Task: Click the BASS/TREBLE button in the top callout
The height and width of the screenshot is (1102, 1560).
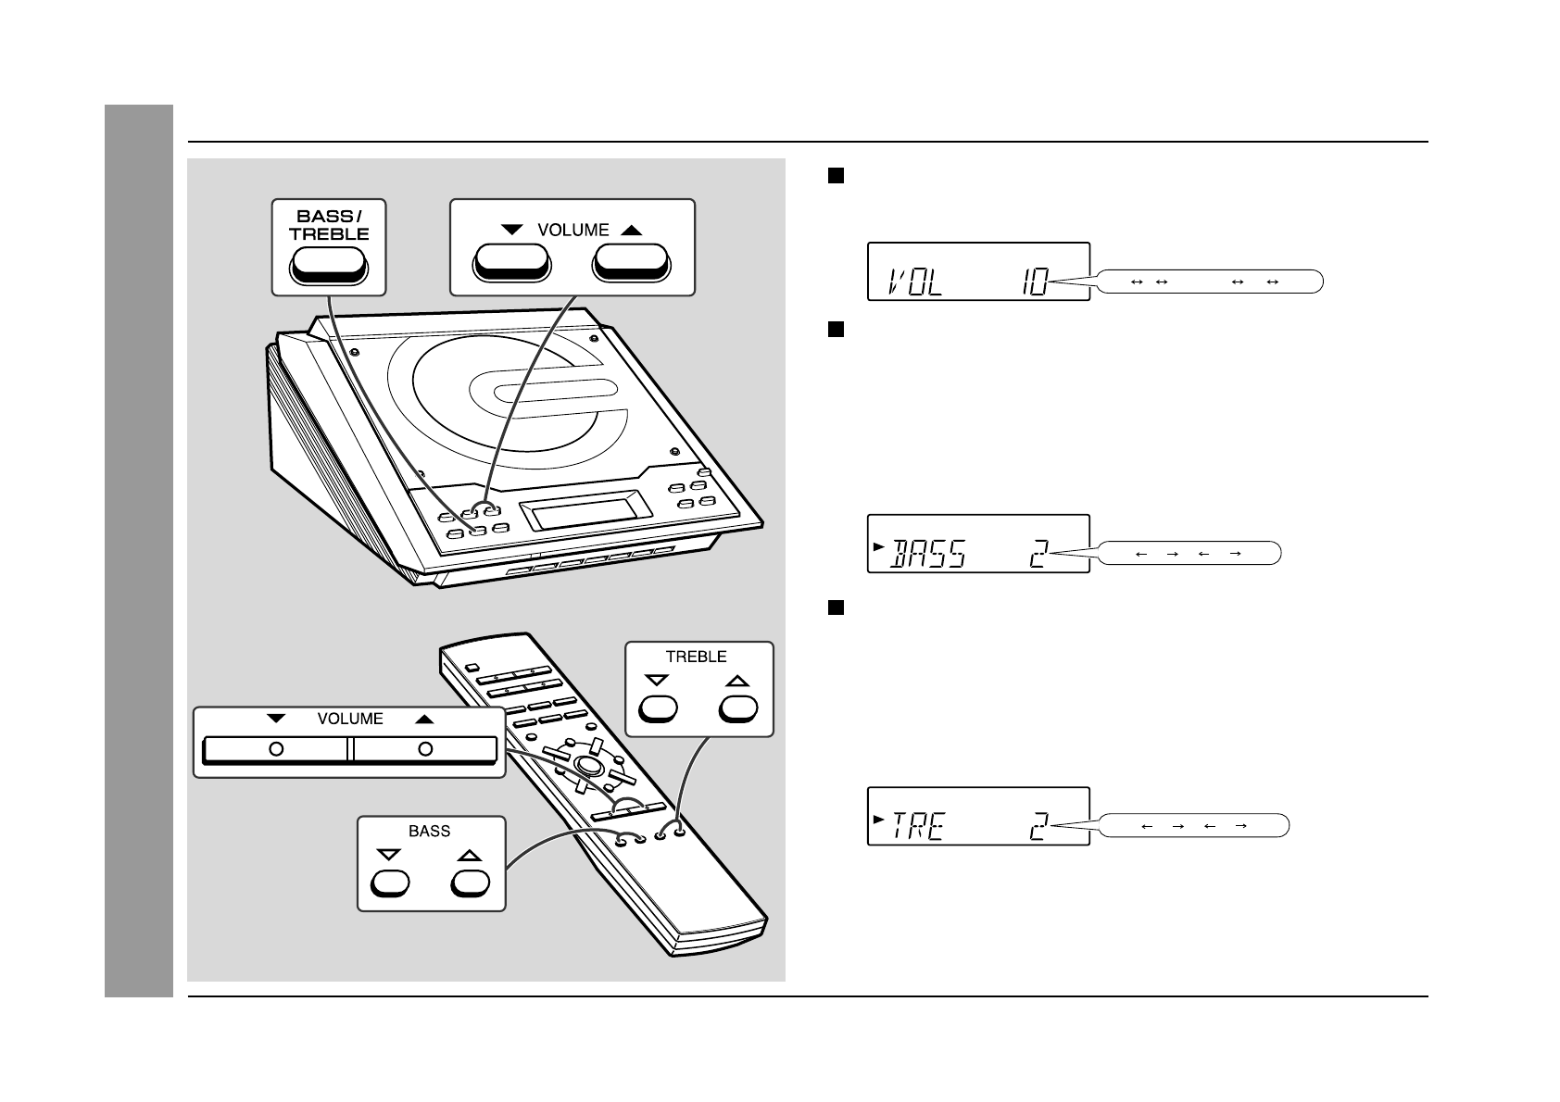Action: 329,267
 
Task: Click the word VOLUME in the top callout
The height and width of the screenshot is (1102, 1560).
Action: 572,230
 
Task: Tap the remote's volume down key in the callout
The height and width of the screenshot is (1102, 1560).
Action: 276,748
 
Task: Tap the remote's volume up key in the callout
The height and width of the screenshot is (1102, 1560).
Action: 425,748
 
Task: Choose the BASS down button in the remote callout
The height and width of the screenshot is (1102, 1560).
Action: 389,883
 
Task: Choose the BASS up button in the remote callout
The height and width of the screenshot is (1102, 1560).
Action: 470,883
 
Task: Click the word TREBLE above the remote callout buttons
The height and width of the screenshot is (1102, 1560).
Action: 696,657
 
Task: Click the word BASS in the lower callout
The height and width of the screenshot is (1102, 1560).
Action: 429,831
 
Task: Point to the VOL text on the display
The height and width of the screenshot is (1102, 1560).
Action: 915,281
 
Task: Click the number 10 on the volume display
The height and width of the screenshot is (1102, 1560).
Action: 1035,281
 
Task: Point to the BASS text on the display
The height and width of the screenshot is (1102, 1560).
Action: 928,554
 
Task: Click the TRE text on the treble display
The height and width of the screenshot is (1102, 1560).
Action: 917,826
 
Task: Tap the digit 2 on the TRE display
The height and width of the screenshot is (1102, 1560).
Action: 1039,826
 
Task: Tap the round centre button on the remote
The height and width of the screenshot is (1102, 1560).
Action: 586,765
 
